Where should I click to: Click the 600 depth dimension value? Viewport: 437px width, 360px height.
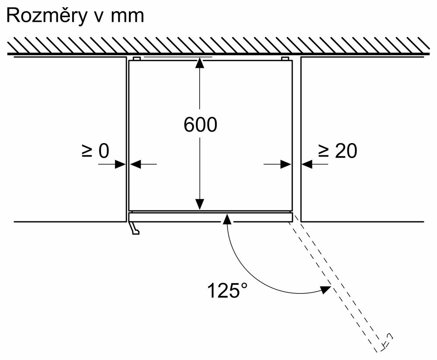coord(200,125)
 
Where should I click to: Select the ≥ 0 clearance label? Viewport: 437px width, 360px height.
coord(95,151)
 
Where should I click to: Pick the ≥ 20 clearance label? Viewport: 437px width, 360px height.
coord(337,151)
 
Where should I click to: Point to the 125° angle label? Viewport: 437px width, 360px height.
coord(227,290)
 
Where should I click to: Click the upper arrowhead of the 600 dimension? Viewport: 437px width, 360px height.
coord(200,63)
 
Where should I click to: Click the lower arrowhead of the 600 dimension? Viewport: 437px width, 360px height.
coord(200,204)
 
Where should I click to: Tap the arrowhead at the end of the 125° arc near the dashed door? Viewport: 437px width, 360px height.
coord(324,289)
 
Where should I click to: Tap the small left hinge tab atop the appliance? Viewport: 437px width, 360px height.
coord(136,58)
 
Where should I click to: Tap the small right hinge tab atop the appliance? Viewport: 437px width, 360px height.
coord(285,58)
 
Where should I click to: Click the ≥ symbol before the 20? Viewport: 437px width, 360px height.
coord(323,151)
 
